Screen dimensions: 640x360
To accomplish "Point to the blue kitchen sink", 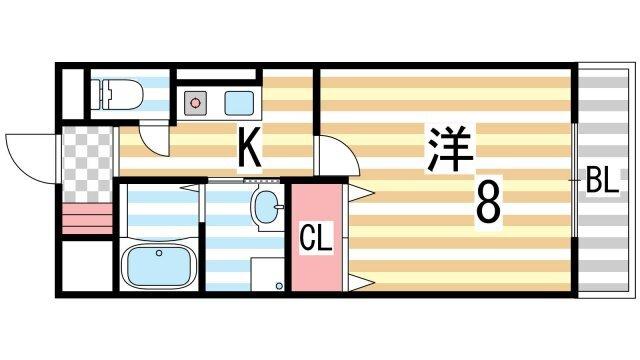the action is [x=239, y=101].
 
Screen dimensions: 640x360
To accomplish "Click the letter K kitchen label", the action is [x=249, y=149].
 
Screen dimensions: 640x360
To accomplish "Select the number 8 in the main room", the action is [x=487, y=204].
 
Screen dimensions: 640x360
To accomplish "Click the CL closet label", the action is [x=317, y=239].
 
